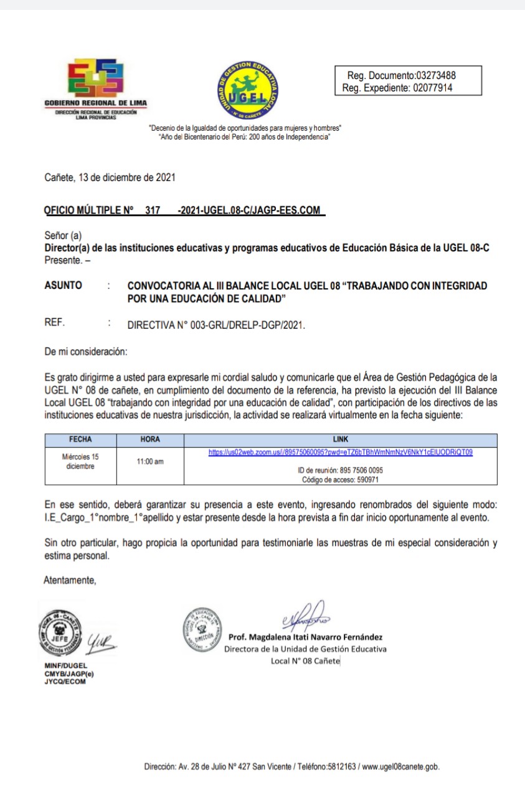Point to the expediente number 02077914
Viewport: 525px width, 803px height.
coord(432,88)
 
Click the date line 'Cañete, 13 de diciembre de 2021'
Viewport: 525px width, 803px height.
coord(110,177)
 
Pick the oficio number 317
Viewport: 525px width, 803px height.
coord(153,210)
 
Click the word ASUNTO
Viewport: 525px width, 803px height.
coord(63,285)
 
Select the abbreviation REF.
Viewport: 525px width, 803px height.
coord(55,323)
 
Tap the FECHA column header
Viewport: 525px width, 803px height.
coord(80,439)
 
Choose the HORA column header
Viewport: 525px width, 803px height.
coord(150,439)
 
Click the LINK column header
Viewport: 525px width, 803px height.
coord(341,439)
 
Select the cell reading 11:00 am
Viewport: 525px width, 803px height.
coord(150,461)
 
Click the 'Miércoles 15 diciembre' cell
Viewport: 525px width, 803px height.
coord(80,461)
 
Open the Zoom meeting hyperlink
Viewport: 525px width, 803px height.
coord(341,453)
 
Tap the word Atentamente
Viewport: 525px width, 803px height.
coord(70,580)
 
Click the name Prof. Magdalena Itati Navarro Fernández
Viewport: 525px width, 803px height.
coord(306,637)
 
